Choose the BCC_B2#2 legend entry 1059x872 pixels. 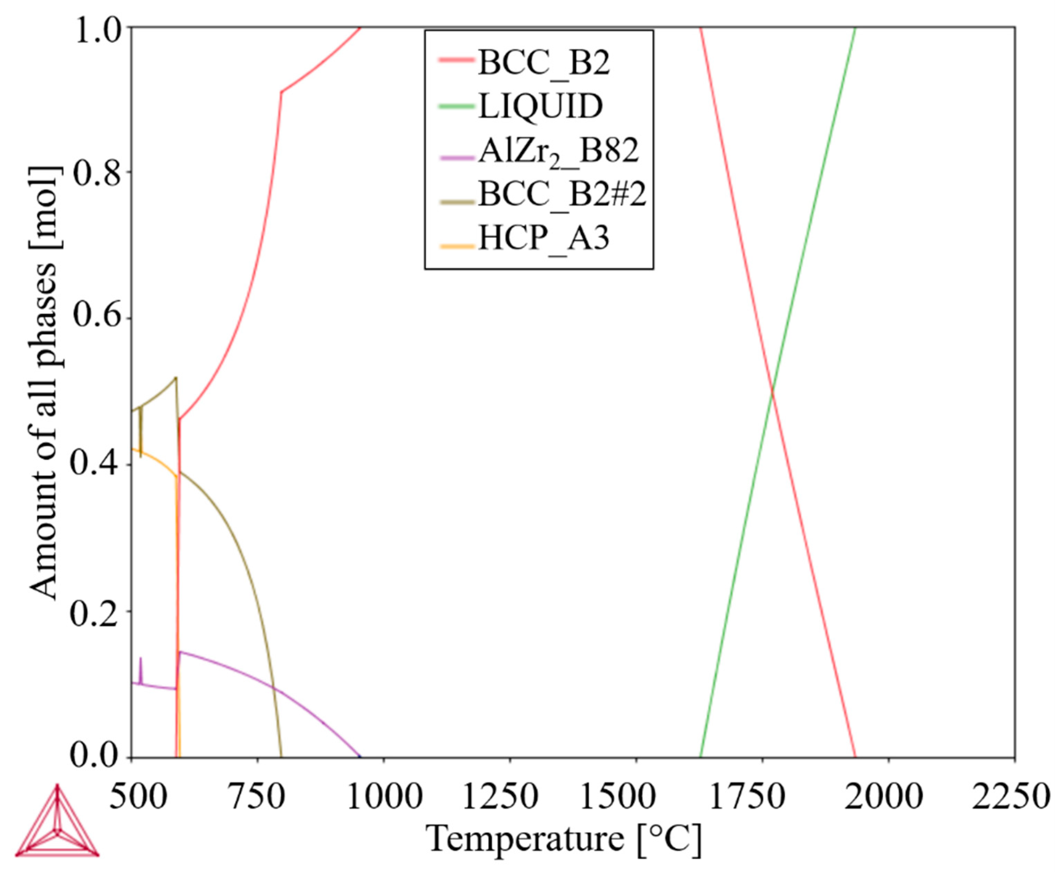coord(561,194)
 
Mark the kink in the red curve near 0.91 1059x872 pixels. coord(281,92)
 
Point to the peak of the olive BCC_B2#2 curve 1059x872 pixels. coord(176,377)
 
